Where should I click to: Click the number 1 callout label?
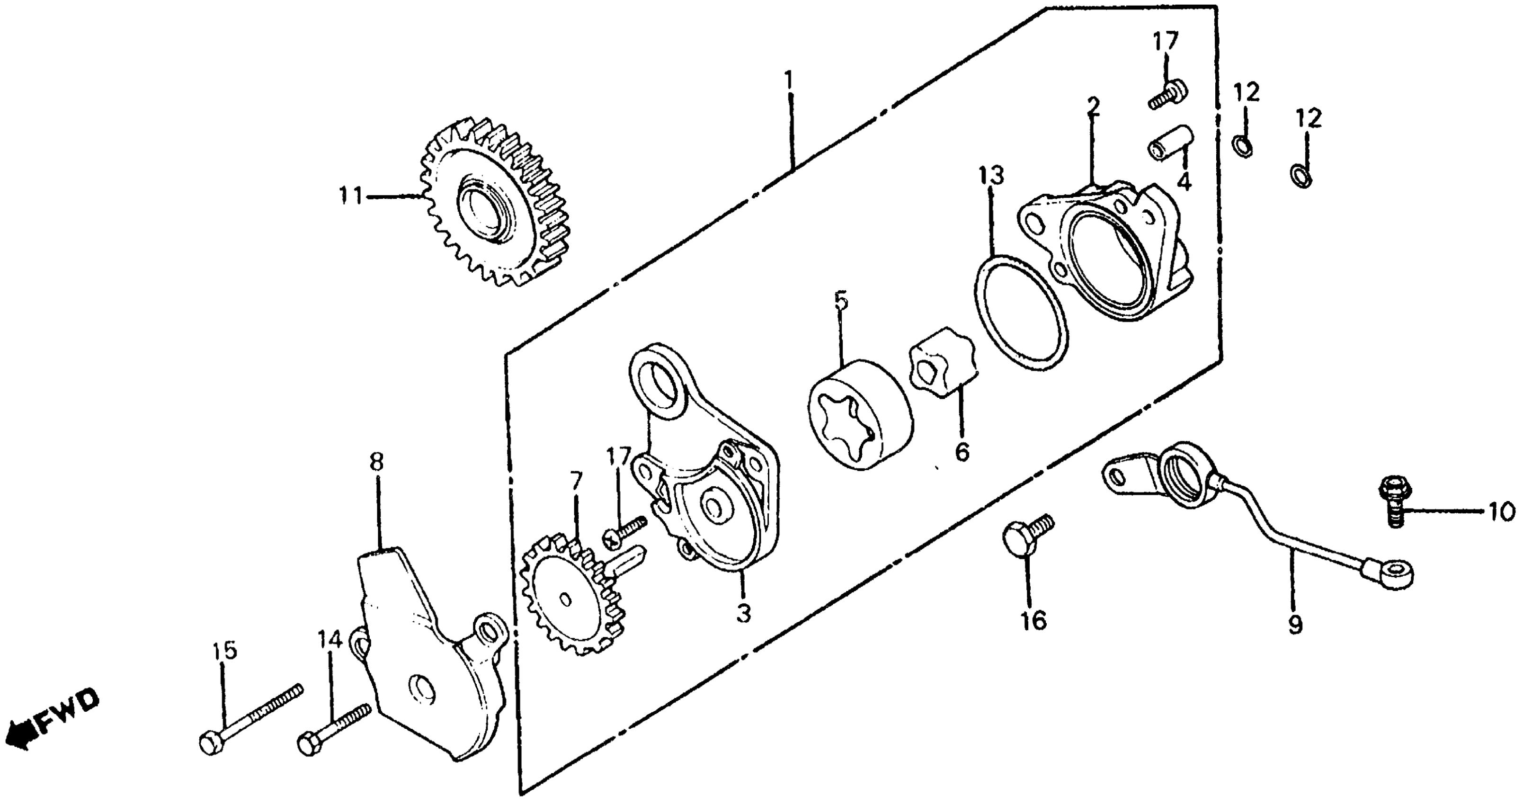coord(788,79)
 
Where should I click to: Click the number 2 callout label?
coord(1093,107)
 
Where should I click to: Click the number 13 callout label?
coord(991,176)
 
